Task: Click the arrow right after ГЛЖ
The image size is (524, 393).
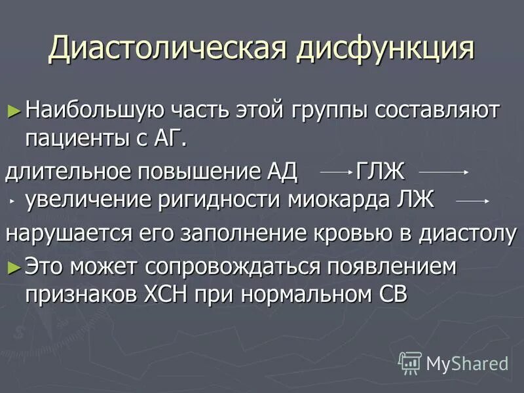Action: (x=443, y=173)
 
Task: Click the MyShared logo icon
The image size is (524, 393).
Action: (x=410, y=362)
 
